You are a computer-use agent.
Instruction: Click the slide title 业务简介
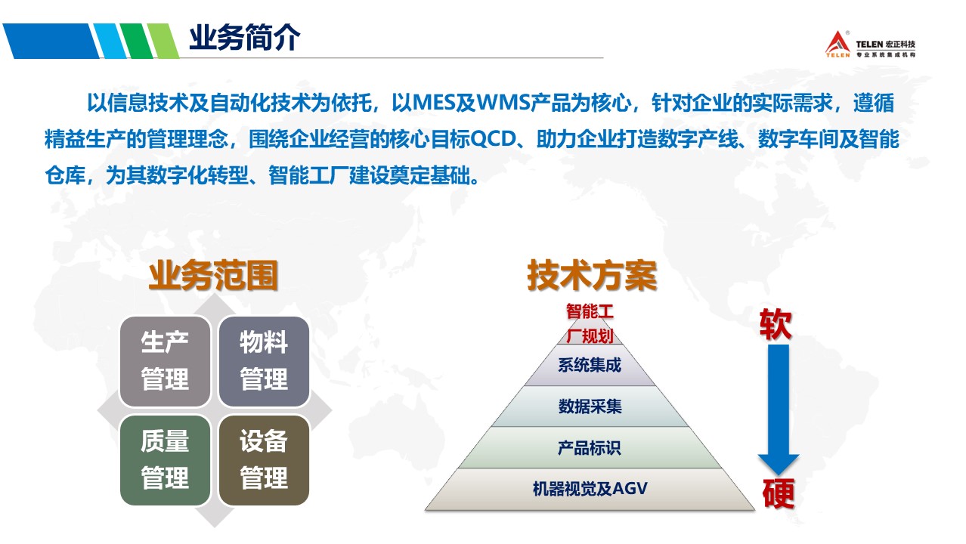click(244, 38)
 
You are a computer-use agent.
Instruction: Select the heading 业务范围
click(213, 275)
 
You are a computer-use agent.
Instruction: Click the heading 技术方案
click(592, 275)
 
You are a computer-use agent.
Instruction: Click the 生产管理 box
click(165, 361)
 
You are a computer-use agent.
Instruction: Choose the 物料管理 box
click(264, 361)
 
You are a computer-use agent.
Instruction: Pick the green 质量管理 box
click(165, 460)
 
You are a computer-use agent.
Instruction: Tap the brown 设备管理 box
click(264, 460)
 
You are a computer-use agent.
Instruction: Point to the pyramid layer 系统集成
click(590, 365)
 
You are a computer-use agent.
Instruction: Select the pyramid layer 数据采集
click(590, 406)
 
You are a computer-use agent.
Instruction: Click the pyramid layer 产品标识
click(590, 447)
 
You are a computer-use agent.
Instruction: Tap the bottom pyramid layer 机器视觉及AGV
click(590, 489)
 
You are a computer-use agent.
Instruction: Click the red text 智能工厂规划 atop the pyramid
click(590, 323)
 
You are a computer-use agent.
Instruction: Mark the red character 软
click(776, 324)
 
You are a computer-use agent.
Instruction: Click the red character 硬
click(779, 493)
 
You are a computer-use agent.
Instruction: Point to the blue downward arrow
click(779, 410)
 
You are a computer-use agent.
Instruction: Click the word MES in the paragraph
click(435, 103)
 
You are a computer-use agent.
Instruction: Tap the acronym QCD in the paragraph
click(493, 139)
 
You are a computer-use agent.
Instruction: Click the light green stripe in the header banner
click(163, 41)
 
